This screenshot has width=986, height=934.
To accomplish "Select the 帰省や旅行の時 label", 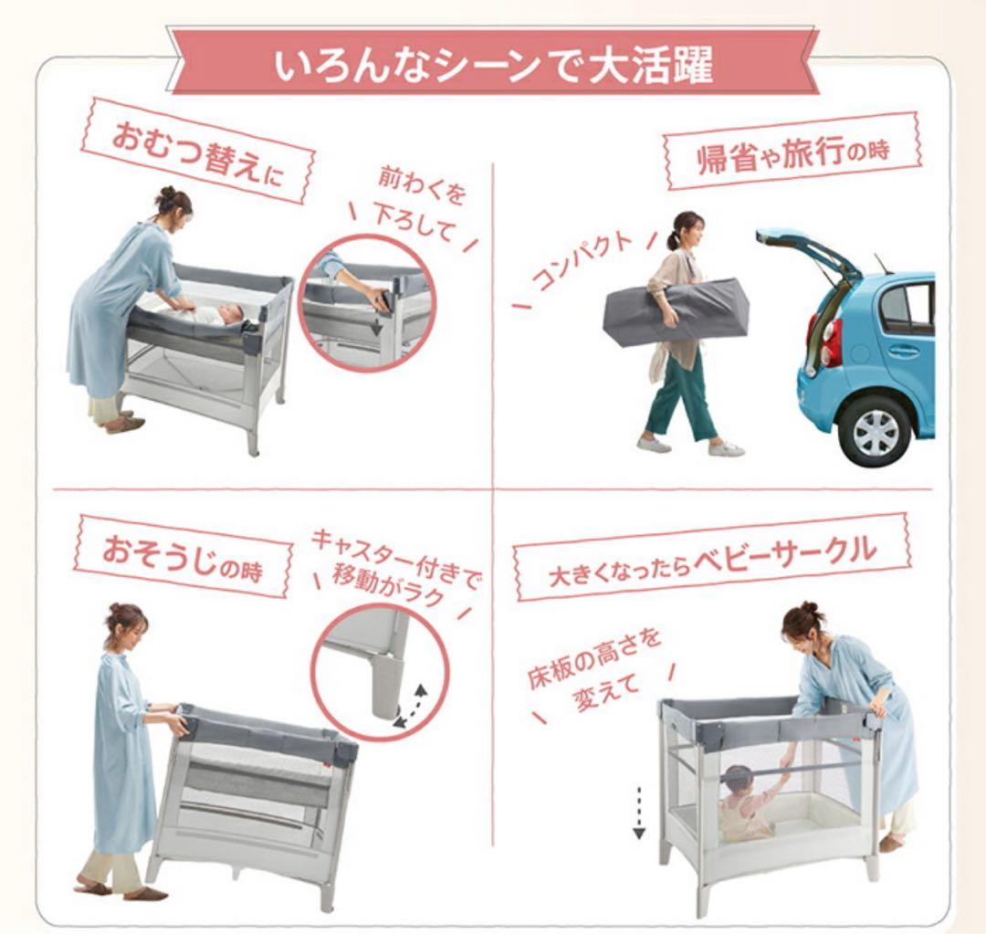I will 791,152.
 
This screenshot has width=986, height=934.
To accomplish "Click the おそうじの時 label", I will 184,556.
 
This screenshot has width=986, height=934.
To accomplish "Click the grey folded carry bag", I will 676,311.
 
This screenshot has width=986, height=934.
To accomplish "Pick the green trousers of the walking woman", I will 680,393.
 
